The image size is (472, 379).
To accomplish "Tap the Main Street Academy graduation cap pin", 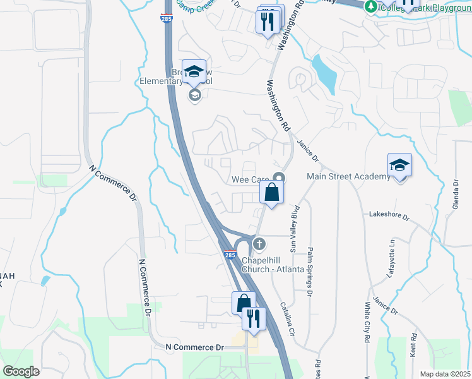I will point(399,165).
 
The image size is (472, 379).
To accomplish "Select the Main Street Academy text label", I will point(348,176).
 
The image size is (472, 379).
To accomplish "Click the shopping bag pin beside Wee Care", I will point(271,193).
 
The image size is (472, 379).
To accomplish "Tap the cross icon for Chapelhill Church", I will point(259,243).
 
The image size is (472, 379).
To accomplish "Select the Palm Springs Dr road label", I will point(310,263).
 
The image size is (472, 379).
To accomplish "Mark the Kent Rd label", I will point(413,346).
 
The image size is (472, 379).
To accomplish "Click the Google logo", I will point(21,371).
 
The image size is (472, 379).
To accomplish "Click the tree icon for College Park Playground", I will point(371,6).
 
